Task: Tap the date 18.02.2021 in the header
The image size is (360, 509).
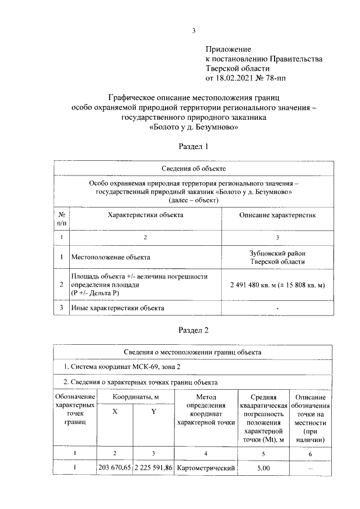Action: coord(235,77)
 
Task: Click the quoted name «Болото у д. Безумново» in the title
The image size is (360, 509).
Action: coord(193,128)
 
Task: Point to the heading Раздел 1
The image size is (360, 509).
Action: coord(193,147)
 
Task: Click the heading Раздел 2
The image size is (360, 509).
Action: coord(193,329)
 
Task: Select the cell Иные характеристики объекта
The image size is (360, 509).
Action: coord(117,308)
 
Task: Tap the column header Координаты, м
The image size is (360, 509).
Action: coord(133,398)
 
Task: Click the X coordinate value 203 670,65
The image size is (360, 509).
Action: coord(115,468)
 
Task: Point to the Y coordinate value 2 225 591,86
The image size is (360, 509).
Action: coord(153,468)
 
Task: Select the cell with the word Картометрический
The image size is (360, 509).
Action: coord(205,468)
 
